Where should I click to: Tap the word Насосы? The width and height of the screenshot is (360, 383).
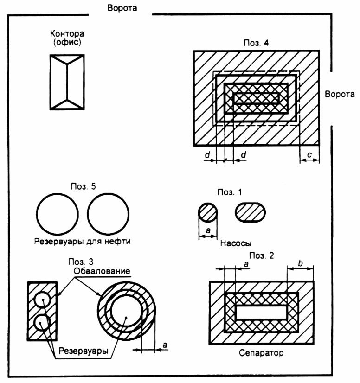click(x=232, y=242)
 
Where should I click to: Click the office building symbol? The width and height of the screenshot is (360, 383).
click(x=68, y=82)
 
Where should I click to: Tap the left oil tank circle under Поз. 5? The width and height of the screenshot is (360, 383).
click(x=58, y=214)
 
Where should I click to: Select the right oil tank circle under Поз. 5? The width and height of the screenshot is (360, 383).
click(x=108, y=214)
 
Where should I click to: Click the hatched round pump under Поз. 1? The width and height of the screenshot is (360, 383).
click(x=208, y=213)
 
